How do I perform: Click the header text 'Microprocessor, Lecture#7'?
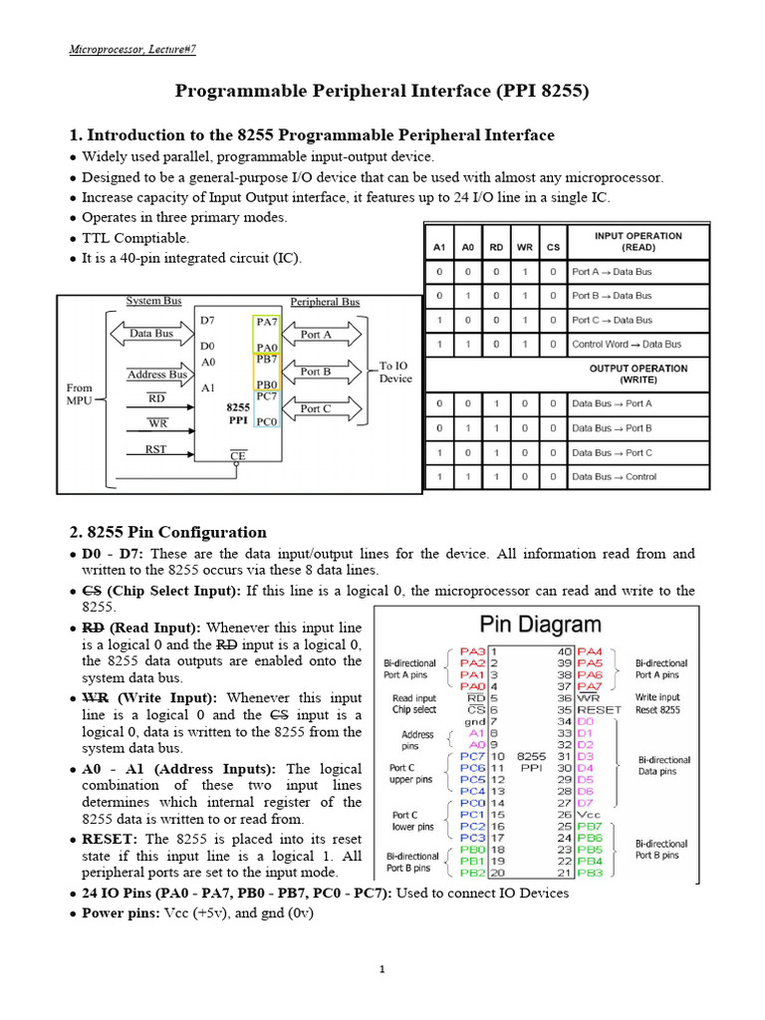point(138,49)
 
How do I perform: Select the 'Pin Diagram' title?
point(541,626)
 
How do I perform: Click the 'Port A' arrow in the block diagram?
point(316,335)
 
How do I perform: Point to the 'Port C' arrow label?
point(316,408)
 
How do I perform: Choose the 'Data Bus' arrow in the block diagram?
point(150,334)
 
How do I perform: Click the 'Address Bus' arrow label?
point(156,375)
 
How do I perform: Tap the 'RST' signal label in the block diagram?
point(156,449)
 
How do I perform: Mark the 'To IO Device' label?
point(395,372)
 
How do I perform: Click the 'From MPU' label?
point(80,394)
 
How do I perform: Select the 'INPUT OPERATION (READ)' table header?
point(637,240)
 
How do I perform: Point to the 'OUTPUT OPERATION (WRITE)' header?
point(637,374)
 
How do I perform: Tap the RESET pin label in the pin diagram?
point(600,710)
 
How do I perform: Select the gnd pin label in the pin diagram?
point(474,720)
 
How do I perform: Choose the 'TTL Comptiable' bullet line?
point(134,238)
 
